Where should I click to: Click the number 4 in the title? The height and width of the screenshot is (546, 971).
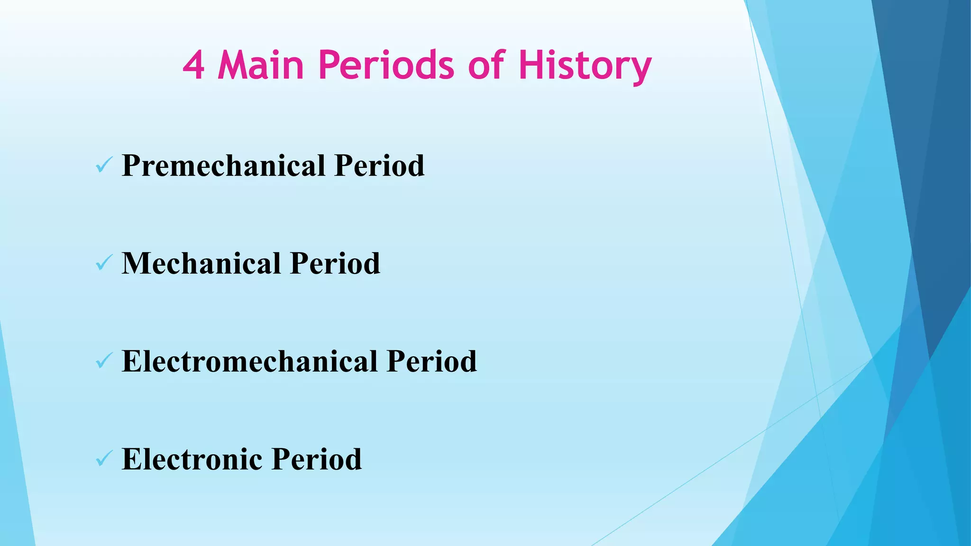[x=193, y=66]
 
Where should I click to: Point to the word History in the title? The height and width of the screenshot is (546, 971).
[x=585, y=66]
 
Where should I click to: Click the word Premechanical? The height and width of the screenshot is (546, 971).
[x=223, y=166]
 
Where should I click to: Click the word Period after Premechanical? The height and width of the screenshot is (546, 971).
[x=379, y=166]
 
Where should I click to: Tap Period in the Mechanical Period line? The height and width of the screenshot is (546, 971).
[x=335, y=264]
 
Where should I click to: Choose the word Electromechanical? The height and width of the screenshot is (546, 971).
[x=249, y=362]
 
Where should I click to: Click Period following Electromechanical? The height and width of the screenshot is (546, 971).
[x=431, y=362]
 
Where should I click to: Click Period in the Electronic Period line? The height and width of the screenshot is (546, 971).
[x=317, y=459]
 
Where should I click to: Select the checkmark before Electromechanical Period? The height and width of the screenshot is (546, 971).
[x=103, y=361]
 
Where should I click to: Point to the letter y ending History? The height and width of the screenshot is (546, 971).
[x=641, y=70]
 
